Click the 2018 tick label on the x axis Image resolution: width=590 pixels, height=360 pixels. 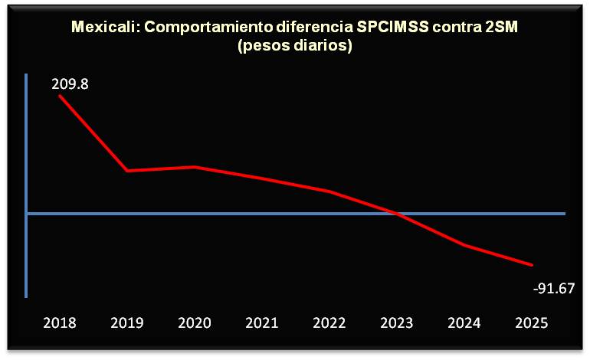pos(60,323)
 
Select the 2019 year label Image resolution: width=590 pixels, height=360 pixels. pos(127,323)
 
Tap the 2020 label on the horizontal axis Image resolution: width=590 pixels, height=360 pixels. pos(195,323)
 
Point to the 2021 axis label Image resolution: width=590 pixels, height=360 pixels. pos(262,323)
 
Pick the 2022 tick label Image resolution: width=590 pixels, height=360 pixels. pos(329,323)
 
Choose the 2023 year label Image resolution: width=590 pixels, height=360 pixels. pos(397,323)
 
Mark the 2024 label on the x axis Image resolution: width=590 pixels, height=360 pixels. pos(464,323)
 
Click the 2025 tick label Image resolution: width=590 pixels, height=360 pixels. pos(532,323)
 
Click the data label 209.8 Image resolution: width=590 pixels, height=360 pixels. pos(70,84)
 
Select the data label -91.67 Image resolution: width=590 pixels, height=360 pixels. pos(554,290)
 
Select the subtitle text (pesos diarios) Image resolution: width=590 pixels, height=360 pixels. pos(294,46)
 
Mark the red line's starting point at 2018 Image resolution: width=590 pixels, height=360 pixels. pos(60,96)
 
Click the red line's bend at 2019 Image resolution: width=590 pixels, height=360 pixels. pos(127,170)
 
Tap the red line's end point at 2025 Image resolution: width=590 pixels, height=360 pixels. pos(532,266)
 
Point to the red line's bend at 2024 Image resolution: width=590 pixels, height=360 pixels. pos(464,245)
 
